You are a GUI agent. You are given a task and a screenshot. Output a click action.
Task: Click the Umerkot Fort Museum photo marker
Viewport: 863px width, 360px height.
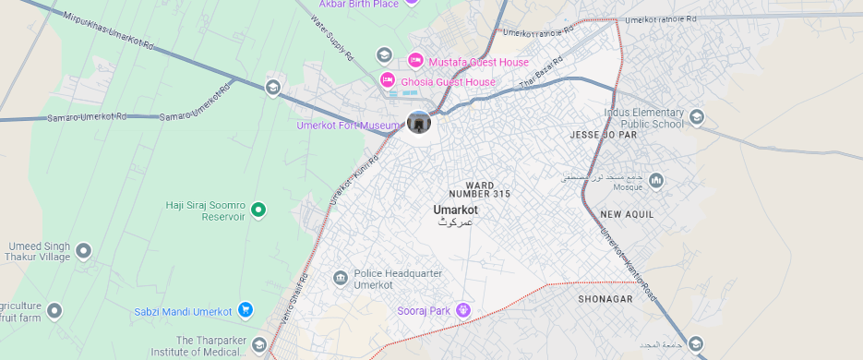419,122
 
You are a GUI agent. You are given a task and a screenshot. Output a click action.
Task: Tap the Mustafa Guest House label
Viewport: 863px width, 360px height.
478,62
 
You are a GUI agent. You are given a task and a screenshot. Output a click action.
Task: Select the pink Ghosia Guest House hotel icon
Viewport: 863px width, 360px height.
388,81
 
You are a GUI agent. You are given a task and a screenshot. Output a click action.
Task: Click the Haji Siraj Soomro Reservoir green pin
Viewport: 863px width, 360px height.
259,210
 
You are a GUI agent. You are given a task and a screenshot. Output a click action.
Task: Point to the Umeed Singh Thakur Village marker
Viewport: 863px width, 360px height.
84,250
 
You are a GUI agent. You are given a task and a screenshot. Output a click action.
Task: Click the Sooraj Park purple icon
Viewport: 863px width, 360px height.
463,310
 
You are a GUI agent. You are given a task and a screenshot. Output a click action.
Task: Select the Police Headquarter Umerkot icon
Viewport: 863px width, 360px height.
341,278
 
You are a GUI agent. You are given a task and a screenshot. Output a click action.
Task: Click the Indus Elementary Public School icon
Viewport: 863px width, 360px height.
696,116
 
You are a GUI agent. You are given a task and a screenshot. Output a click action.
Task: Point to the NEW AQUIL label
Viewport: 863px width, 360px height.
627,214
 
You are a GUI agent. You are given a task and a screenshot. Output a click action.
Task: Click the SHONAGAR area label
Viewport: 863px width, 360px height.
605,299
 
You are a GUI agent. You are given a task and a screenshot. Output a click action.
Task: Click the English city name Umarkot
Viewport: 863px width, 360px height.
456,210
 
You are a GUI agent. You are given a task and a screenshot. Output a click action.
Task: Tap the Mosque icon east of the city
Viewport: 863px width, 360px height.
656,180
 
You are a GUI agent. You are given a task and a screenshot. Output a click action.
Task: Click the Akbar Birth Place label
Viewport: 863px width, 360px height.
358,4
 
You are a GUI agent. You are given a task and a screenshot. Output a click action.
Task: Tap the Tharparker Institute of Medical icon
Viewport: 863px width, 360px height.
259,345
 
